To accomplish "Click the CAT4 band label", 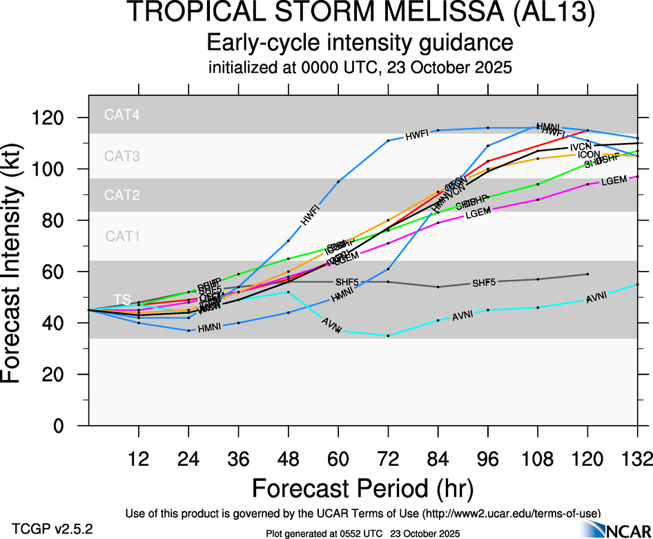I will point(122,115).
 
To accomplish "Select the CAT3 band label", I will point(122,156).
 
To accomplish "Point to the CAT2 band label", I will point(122,196).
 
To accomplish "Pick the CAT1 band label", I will point(122,236).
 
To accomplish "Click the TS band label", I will point(122,299).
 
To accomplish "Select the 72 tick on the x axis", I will point(388,457).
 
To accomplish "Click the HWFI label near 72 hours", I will point(417,135).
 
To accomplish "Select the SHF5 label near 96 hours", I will point(484,283).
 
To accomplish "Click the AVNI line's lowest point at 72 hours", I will point(388,336).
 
